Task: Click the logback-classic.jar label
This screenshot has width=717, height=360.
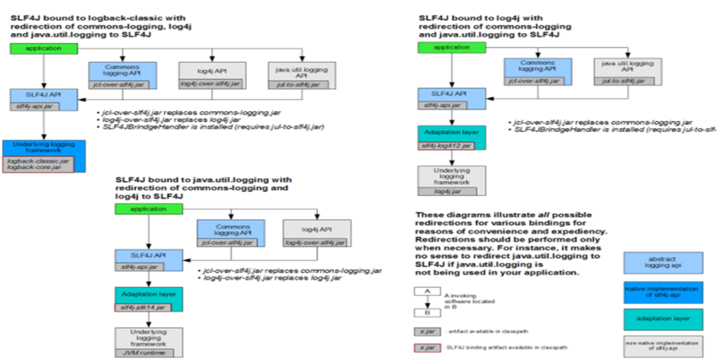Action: click(x=38, y=160)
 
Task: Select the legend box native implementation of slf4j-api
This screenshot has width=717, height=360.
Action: click(x=663, y=292)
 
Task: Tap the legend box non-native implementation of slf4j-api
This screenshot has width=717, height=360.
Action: click(x=663, y=346)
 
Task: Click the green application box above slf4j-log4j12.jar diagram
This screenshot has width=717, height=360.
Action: click(x=451, y=47)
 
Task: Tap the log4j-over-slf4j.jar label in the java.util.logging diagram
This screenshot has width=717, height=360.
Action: click(x=316, y=244)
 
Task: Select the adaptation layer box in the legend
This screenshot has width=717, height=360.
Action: click(x=663, y=318)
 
